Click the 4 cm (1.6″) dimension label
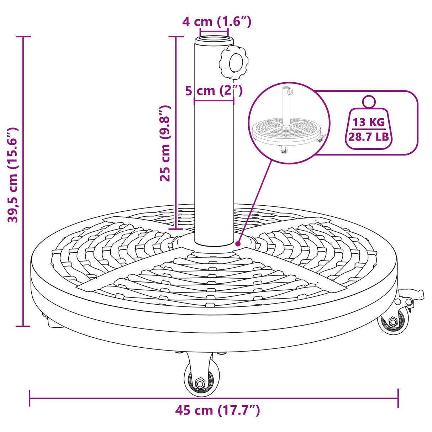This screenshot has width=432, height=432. click(216, 22)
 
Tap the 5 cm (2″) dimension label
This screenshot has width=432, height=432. click(214, 91)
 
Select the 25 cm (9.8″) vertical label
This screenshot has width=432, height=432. click(165, 143)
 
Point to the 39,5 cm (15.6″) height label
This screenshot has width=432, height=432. click(13, 175)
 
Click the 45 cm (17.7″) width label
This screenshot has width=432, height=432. click(217, 410)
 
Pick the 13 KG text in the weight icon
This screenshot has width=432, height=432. click(369, 122)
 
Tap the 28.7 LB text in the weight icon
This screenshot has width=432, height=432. click(369, 136)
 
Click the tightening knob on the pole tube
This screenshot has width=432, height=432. click(234, 63)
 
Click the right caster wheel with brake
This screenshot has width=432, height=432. click(394, 321)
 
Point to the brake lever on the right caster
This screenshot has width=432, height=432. click(413, 295)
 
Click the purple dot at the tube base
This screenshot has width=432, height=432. click(238, 244)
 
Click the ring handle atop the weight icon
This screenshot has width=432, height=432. click(369, 101)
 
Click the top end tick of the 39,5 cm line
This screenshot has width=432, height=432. click(23, 37)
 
